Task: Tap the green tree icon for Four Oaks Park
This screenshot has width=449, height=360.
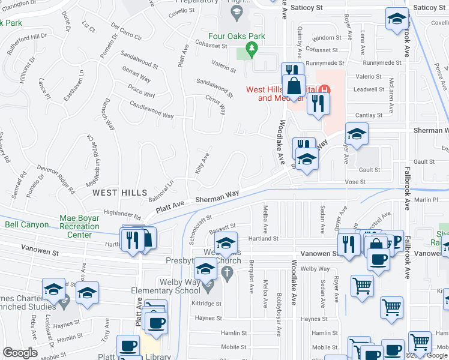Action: (x=253, y=47)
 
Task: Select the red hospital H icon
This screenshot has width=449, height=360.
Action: (x=324, y=89)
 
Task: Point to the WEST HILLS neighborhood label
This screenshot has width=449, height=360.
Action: (x=119, y=192)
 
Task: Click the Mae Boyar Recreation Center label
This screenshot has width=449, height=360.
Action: (x=80, y=226)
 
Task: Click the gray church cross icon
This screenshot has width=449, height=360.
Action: (x=227, y=274)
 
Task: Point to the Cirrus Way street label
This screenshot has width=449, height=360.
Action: (x=216, y=104)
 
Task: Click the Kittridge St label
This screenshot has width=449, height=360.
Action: (x=208, y=304)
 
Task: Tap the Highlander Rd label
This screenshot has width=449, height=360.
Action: (x=122, y=213)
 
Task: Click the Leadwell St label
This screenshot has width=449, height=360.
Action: (x=369, y=89)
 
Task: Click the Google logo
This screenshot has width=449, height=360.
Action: (x=20, y=353)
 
